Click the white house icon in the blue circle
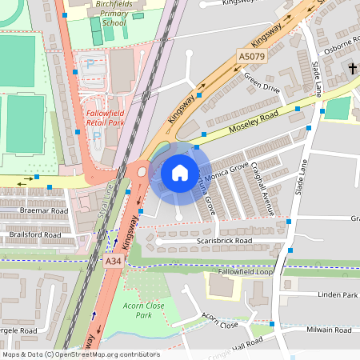point(179,173)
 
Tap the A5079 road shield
point(250,57)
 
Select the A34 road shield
point(113,261)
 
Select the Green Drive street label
point(262,84)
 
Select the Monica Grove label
point(227,172)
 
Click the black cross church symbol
point(353,70)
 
